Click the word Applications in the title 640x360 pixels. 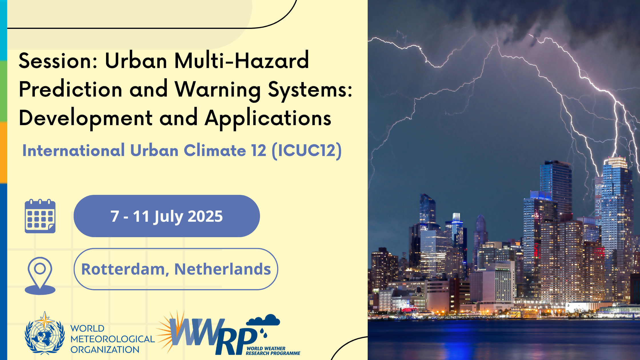coord(268,118)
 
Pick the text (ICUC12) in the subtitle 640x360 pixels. coord(307,151)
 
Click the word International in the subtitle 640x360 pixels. coord(74,150)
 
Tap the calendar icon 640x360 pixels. coord(40,216)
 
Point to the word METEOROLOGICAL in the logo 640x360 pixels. coord(113,339)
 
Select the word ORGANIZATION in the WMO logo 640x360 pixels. coord(105,349)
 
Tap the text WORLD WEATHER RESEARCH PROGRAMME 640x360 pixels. coord(273,351)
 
